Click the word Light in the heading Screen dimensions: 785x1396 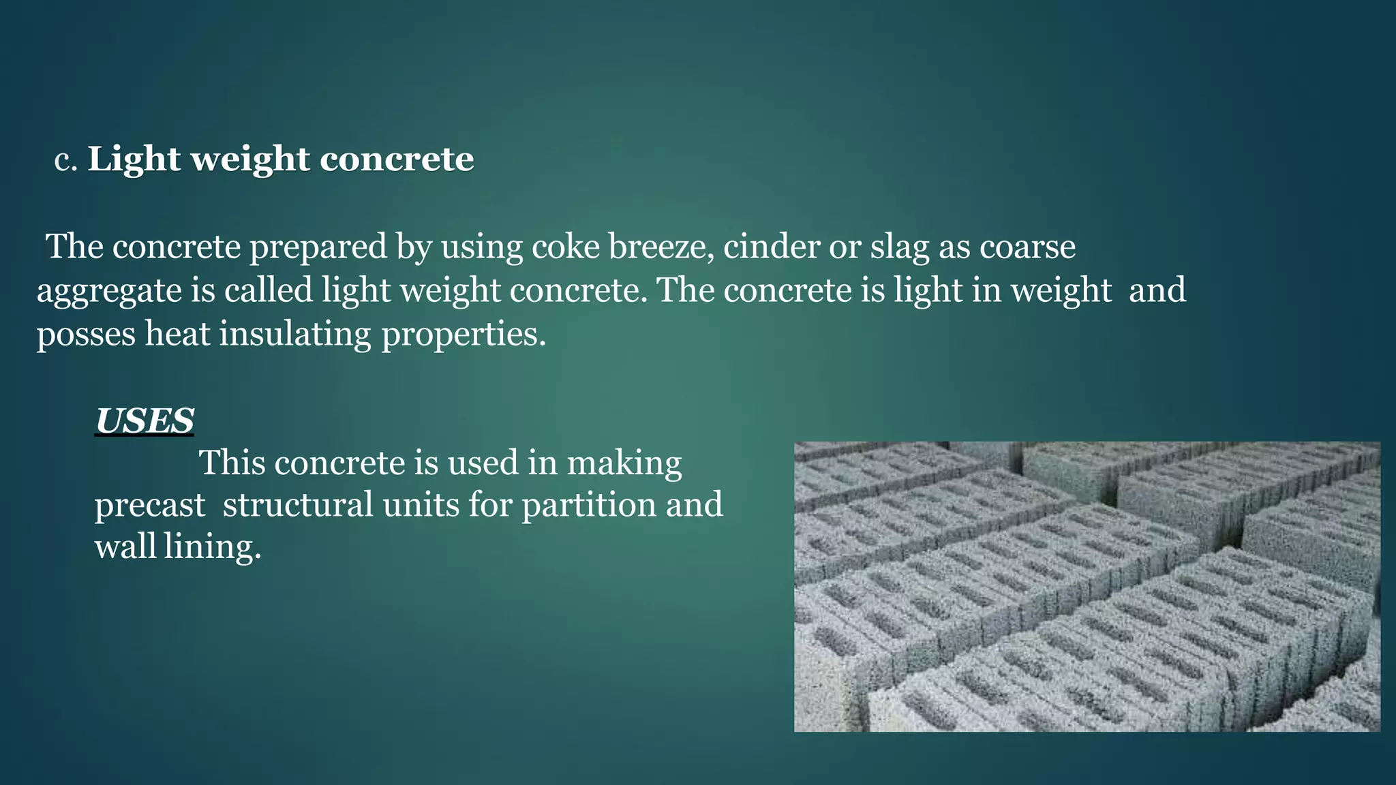pyautogui.click(x=134, y=159)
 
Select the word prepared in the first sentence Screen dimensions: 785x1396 pyautogui.click(x=318, y=247)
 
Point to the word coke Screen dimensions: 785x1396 pyautogui.click(x=565, y=247)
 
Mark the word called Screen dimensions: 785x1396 pyautogui.click(x=268, y=290)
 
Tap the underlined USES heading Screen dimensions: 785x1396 pyautogui.click(x=145, y=421)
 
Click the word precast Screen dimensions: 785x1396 pyautogui.click(x=150, y=506)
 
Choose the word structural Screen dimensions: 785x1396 pyautogui.click(x=298, y=506)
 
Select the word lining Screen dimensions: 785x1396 pyautogui.click(x=212, y=547)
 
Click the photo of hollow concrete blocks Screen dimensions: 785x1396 pyautogui.click(x=1087, y=587)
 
